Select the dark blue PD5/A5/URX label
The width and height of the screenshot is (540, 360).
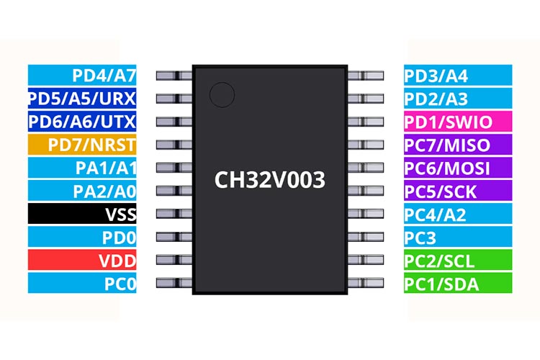82,98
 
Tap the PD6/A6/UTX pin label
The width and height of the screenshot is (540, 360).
82,121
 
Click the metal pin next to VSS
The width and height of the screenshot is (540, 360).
174,214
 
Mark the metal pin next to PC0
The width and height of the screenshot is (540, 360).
174,283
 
